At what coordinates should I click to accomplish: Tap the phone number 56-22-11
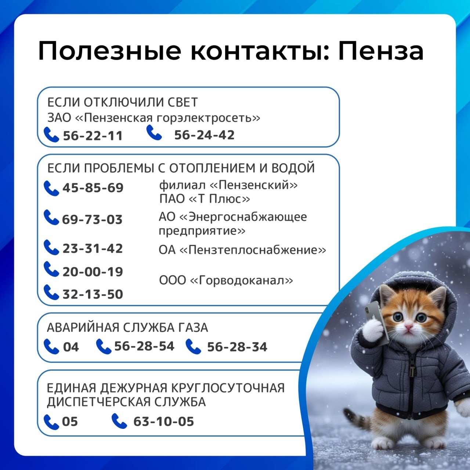[x=93, y=136]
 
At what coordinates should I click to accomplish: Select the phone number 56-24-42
[x=205, y=135]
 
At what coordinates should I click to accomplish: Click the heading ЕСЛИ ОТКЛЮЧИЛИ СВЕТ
[x=122, y=102]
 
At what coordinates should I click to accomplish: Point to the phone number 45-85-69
[x=93, y=188]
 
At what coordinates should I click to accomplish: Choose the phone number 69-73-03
[x=92, y=220]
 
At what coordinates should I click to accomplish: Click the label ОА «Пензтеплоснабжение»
[x=242, y=250]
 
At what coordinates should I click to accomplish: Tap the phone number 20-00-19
[x=93, y=272]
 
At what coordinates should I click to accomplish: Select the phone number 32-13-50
[x=93, y=294]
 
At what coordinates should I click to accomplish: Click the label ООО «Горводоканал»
[x=226, y=280]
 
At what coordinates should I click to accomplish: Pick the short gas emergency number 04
[x=71, y=347]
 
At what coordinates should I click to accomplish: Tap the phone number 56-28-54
[x=144, y=346]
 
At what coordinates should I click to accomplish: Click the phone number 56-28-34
[x=237, y=347]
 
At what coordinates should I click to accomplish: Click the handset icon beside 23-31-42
[x=51, y=247]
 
